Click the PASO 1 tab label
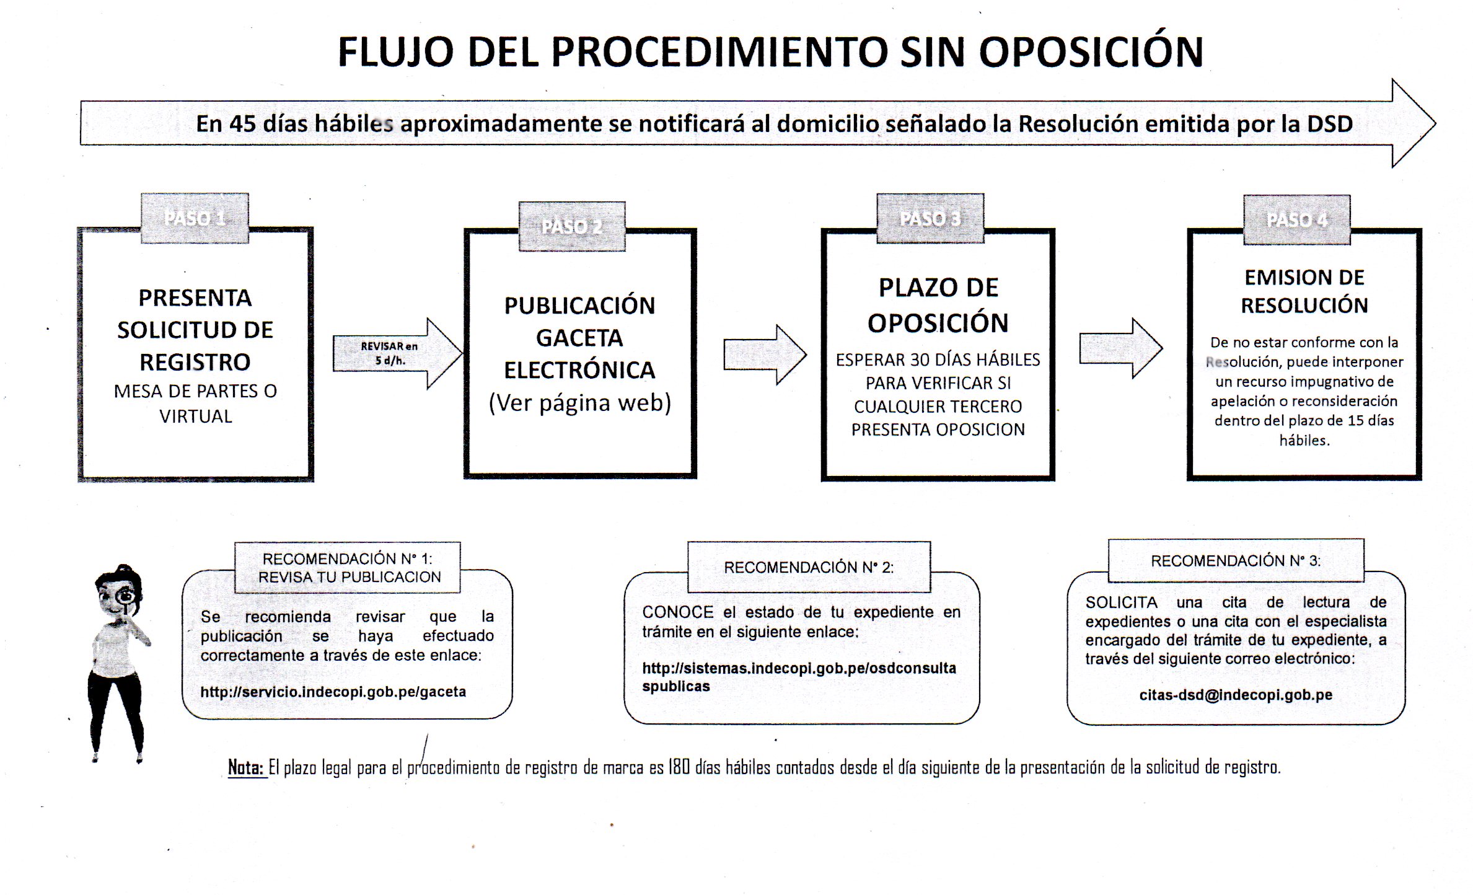pyautogui.click(x=195, y=218)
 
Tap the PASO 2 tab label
pyautogui.click(x=571, y=227)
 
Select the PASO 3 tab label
pyautogui.click(x=930, y=218)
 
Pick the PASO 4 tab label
pyautogui.click(x=1296, y=220)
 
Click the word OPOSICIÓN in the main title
pyautogui.click(x=1091, y=52)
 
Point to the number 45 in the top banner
pyautogui.click(x=243, y=124)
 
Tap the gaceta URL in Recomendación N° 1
pyautogui.click(x=333, y=692)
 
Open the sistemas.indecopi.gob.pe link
pyautogui.click(x=798, y=677)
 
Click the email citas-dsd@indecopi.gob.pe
pyautogui.click(x=1235, y=695)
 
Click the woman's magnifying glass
pyautogui.click(x=126, y=597)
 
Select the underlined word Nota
pyautogui.click(x=246, y=767)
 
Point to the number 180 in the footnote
pyautogui.click(x=679, y=767)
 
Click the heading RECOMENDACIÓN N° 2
pyautogui.click(x=808, y=567)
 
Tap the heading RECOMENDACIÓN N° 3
pyautogui.click(x=1235, y=561)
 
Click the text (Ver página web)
pyautogui.click(x=579, y=403)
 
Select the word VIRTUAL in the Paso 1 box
pyautogui.click(x=195, y=417)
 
